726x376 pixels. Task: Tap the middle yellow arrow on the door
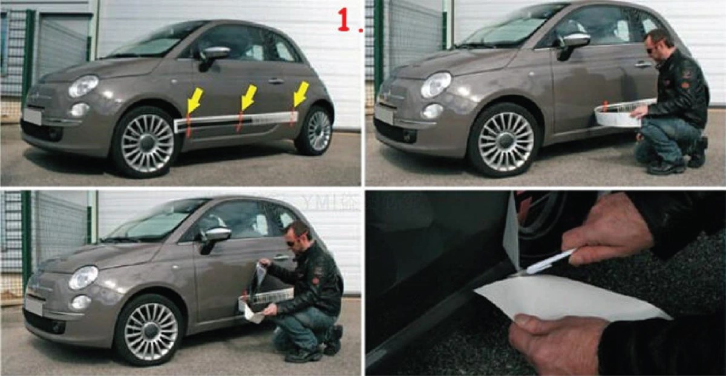248,96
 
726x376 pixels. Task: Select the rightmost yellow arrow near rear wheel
301,93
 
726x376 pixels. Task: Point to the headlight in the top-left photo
83,87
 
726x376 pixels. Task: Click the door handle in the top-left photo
276,81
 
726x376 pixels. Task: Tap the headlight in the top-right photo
436,85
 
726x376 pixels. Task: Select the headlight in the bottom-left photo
83,278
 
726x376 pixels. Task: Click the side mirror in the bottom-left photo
216,235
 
